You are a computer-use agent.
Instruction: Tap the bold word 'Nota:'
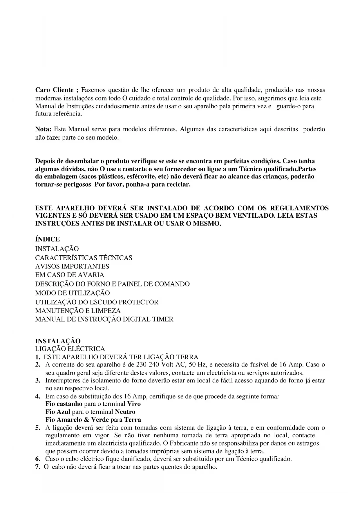[43, 129]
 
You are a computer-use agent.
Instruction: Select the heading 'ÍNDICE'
[48, 239]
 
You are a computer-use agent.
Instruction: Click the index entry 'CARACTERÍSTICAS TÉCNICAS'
[84, 258]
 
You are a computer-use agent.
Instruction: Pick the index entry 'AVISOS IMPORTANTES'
[72, 266]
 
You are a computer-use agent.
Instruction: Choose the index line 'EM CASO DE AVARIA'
[70, 275]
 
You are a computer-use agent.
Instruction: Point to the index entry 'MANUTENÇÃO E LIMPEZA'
[78, 311]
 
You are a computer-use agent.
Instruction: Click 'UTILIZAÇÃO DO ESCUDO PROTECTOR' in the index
[97, 302]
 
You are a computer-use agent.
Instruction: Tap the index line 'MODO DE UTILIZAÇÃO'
[73, 293]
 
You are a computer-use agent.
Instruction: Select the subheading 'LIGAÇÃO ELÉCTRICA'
[70, 349]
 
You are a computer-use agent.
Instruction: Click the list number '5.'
[38, 428]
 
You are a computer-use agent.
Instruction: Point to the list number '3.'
[38, 380]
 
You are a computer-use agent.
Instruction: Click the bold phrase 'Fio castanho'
[64, 404]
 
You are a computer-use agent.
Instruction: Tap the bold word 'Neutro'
[125, 412]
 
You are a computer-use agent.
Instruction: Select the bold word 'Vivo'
[134, 404]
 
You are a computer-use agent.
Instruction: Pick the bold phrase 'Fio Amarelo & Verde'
[77, 420]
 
